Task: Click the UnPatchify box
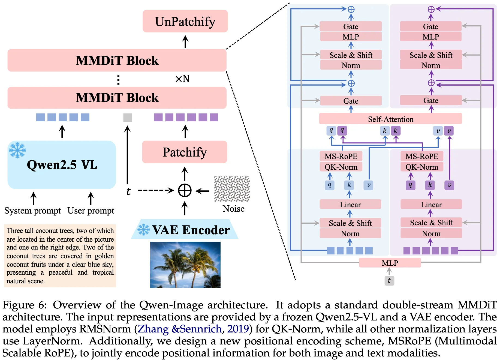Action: pos(185,21)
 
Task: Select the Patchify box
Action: pos(185,152)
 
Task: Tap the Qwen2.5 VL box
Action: pos(62,165)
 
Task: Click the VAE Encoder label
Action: pos(191,230)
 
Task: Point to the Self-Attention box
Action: pos(390,119)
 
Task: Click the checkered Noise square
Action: pos(232,189)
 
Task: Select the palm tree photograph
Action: pos(185,265)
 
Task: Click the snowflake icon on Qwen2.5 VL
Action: pos(17,150)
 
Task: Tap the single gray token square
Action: pos(128,118)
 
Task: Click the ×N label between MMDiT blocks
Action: pos(182,79)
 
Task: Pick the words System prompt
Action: pos(32,211)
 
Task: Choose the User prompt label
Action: pos(91,211)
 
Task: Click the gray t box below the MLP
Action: pos(389,280)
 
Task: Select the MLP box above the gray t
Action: pos(390,263)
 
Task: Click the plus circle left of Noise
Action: pos(185,190)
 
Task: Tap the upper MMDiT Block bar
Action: pos(117,60)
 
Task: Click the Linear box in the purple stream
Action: pos(431,205)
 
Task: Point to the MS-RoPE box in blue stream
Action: pos(341,156)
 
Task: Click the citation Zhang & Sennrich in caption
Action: pos(180,329)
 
